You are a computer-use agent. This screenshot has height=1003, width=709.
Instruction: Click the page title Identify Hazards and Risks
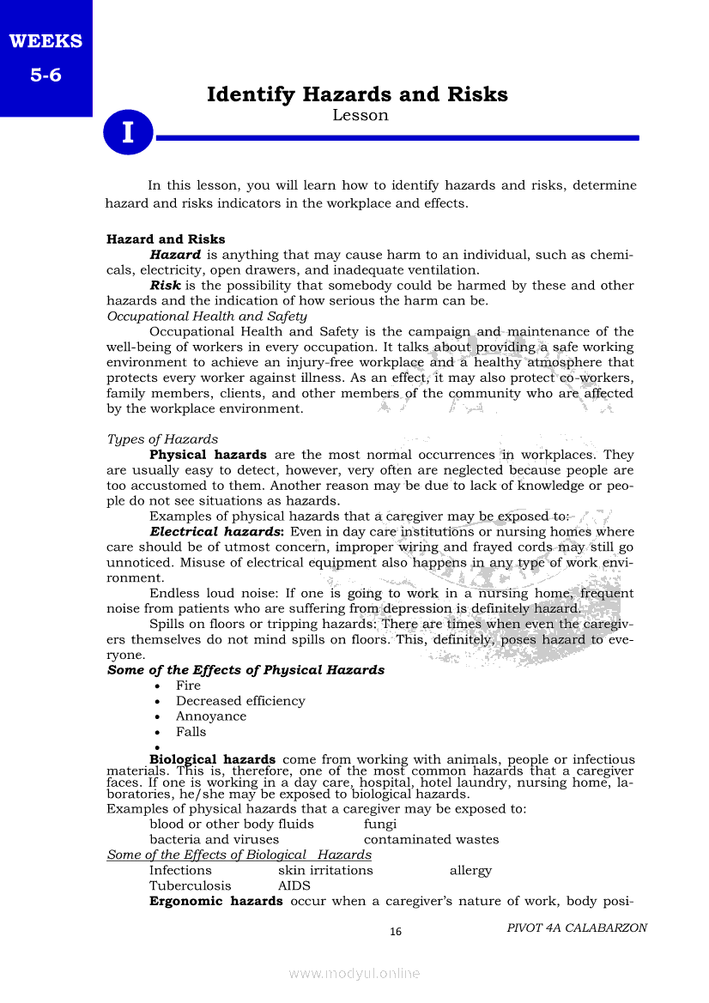[x=357, y=94]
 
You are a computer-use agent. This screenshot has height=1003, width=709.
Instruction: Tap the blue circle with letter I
[x=129, y=133]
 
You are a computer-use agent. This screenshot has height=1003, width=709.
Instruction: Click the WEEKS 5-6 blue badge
[x=45, y=57]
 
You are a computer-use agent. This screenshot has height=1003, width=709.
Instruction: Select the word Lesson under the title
[x=360, y=115]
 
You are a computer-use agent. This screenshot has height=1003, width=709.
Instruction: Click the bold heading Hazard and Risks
[x=166, y=239]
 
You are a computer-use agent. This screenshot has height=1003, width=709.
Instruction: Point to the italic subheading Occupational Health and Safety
[x=207, y=316]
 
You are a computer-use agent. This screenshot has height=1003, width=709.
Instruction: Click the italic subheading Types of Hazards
[x=162, y=439]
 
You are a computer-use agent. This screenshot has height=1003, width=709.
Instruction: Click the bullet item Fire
[x=188, y=686]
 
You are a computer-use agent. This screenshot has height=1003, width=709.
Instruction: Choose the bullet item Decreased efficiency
[x=240, y=701]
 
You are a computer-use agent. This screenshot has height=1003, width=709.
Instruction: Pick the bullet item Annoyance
[x=210, y=716]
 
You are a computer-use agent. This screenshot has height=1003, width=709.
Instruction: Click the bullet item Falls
[x=191, y=732]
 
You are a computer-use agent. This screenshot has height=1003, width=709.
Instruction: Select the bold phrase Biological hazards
[x=212, y=759]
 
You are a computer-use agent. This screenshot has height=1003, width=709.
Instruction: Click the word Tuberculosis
[x=190, y=885]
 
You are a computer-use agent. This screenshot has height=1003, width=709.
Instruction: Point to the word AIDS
[x=294, y=885]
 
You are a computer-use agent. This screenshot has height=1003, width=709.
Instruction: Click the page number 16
[x=396, y=932]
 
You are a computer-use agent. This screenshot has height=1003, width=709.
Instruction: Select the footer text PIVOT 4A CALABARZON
[x=577, y=927]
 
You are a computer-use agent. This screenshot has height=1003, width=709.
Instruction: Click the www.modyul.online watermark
[x=354, y=973]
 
